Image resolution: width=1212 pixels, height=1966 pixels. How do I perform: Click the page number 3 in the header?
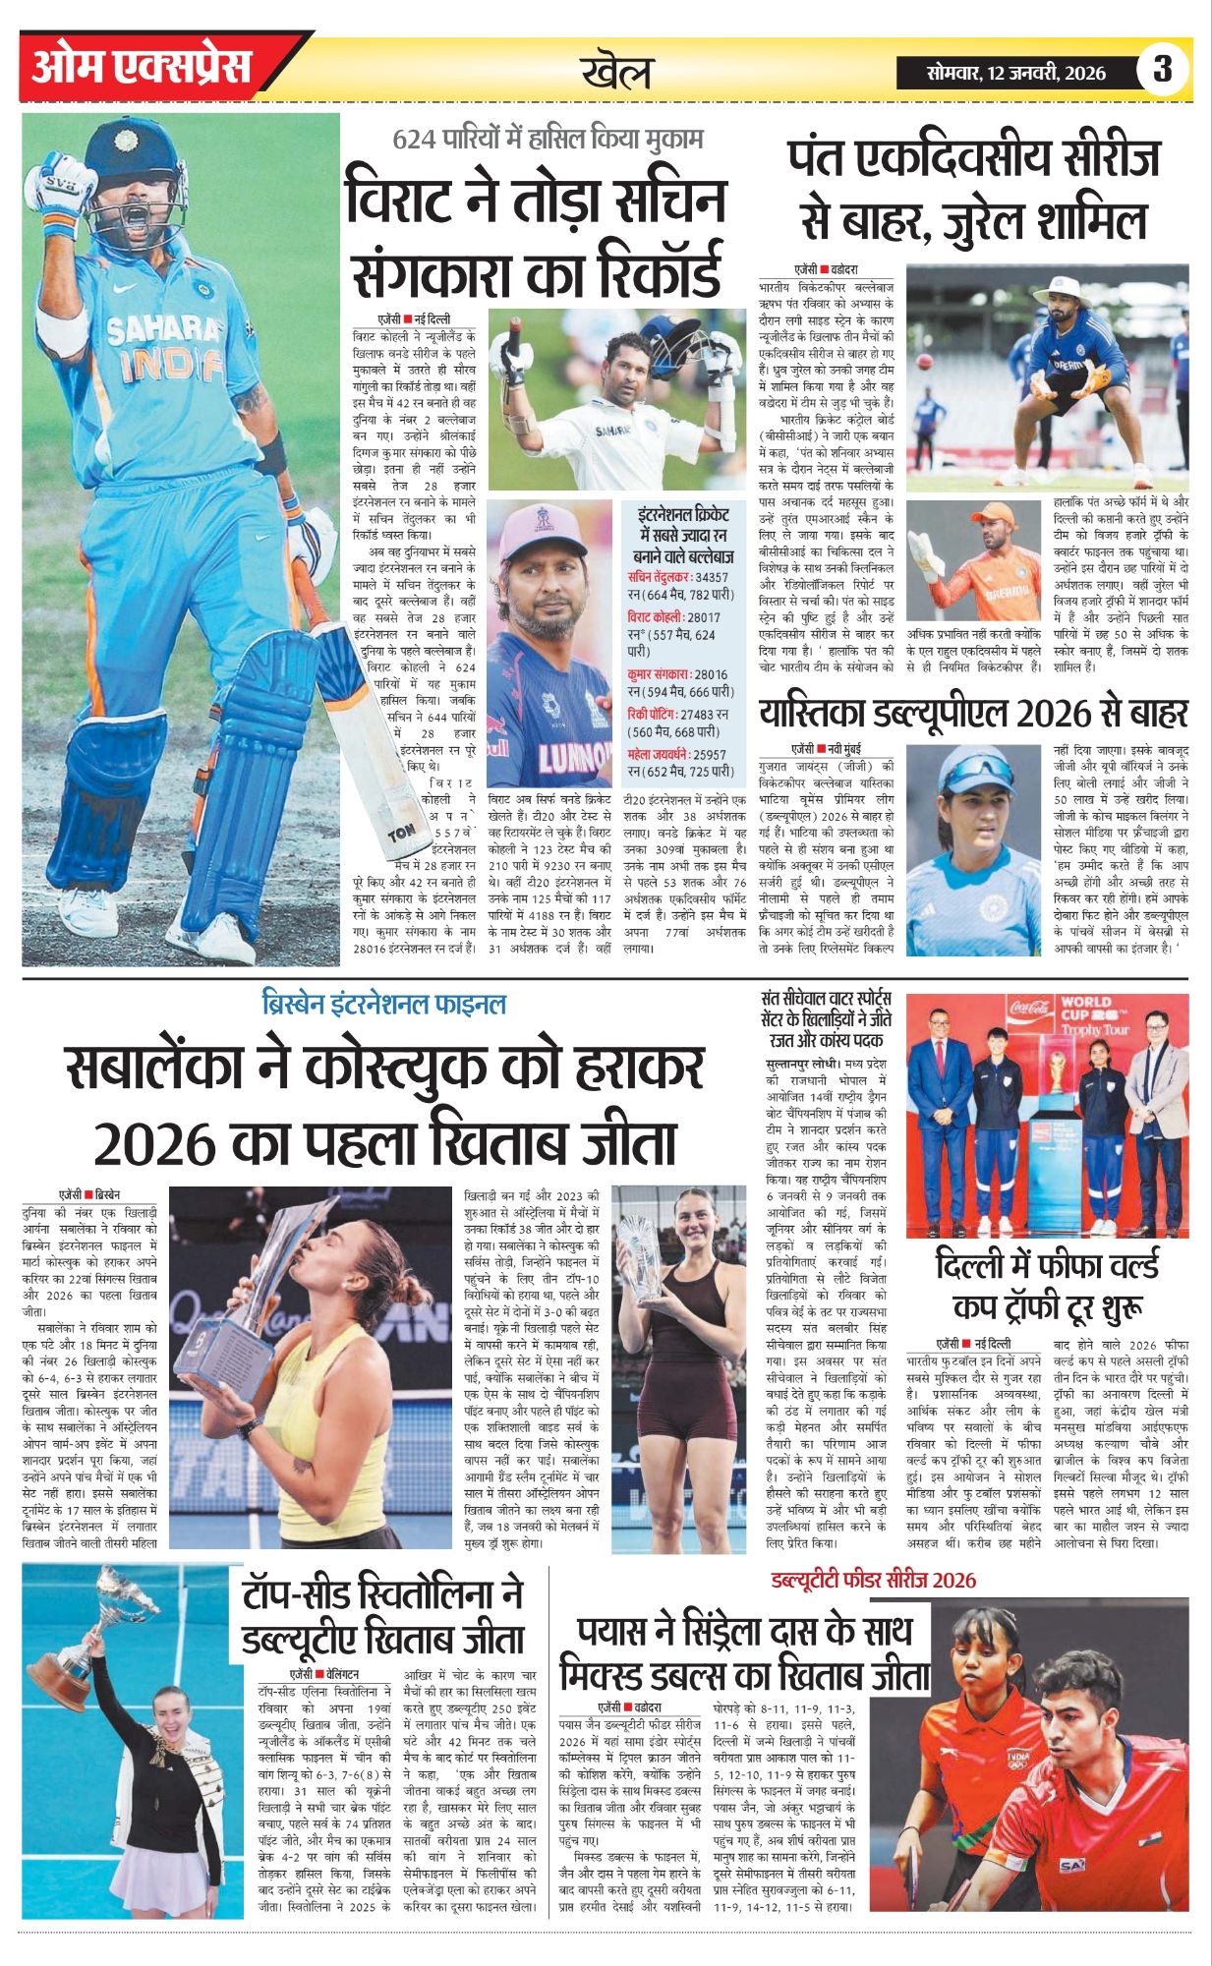(x=1163, y=69)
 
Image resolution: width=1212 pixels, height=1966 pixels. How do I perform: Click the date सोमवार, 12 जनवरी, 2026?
(x=1015, y=73)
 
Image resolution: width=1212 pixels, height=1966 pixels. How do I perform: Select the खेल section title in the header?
(x=615, y=71)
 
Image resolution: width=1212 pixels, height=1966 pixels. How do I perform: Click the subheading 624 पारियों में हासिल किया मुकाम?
(x=548, y=139)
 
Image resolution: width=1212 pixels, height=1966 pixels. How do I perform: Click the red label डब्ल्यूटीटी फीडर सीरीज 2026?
(x=873, y=1580)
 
